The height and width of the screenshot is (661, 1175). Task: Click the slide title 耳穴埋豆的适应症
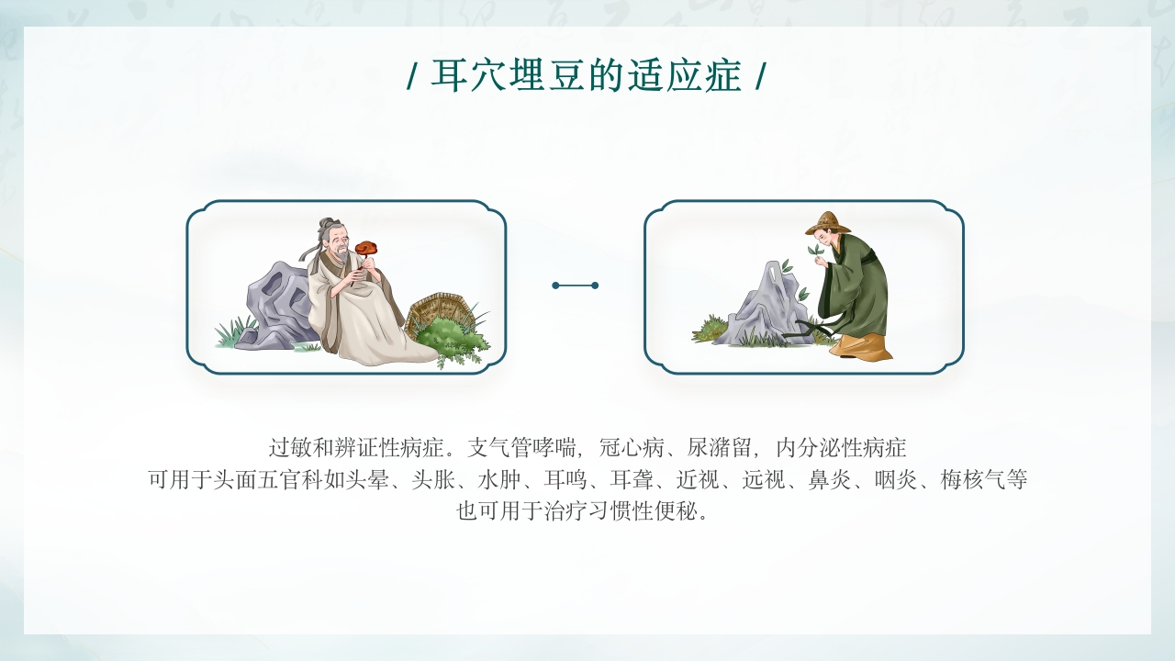587,76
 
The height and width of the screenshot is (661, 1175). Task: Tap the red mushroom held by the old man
367,247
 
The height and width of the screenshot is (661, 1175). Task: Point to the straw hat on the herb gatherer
827,223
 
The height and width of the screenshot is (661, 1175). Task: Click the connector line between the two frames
576,286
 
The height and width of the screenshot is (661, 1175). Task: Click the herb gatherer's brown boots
863,347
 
